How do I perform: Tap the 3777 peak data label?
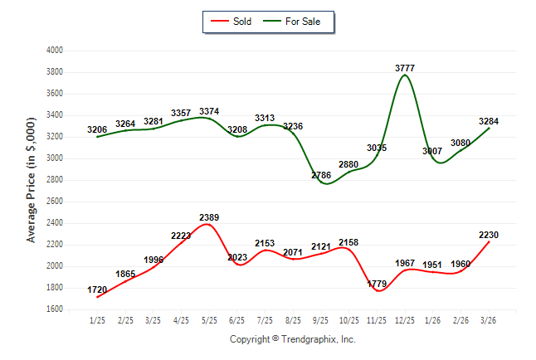pos(405,67)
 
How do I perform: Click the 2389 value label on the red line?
pos(209,217)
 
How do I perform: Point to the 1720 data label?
pos(98,290)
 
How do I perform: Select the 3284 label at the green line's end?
pos(489,121)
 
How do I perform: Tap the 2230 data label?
pos(489,235)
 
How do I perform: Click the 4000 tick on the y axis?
pos(55,51)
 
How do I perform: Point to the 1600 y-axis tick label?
pos(55,309)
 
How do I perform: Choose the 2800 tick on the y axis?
pos(55,180)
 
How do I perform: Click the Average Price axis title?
pos(32,180)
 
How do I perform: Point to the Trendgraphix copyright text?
pos(292,339)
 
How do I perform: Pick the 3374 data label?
pos(209,111)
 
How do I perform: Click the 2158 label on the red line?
pos(349,242)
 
